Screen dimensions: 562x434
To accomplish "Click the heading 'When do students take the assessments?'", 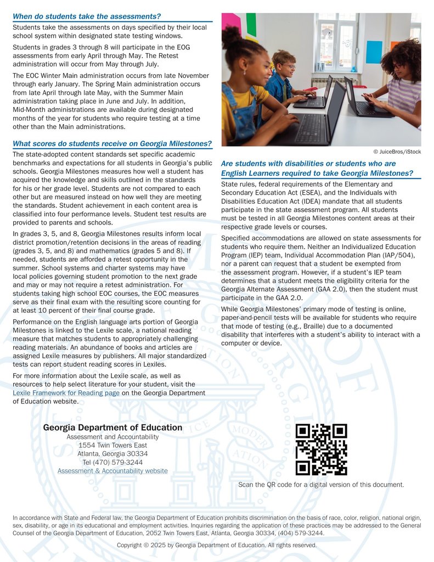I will point(87,17).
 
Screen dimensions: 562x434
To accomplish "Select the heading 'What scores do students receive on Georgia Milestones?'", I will point(112,144).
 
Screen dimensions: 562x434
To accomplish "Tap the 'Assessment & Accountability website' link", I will point(112,471).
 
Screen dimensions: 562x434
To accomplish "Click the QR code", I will point(321,449).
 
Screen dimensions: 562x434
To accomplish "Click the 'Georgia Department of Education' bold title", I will point(112,428).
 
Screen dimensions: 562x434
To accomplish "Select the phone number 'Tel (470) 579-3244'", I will point(112,463).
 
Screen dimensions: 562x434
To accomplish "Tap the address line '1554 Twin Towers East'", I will point(112,445).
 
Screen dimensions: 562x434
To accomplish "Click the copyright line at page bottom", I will point(217,546).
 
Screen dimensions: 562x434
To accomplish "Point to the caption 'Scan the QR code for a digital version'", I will point(321,485).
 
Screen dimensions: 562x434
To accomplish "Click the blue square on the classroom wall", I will point(374,52).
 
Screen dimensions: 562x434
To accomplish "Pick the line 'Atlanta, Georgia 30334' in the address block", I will point(112,454).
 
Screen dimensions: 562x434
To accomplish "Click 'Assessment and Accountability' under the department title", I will point(112,437).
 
